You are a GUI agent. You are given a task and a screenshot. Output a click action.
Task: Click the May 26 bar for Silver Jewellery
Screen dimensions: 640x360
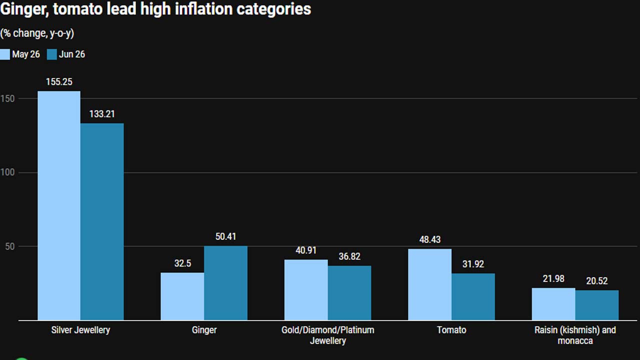[x=59, y=205]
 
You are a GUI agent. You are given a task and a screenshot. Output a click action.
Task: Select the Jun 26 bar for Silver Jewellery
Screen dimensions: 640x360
[x=102, y=221]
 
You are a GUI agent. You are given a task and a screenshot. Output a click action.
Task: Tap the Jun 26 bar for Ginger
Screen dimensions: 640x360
[x=225, y=283]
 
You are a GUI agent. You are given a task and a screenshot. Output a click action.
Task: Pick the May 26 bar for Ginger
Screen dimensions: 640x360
[x=182, y=296]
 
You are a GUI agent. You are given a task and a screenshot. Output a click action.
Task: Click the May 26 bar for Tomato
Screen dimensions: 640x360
[x=429, y=284]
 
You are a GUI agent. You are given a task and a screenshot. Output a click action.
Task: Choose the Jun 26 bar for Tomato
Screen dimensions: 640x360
[x=473, y=297]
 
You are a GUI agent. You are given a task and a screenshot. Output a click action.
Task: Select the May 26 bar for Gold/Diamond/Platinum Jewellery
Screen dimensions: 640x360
[x=306, y=290]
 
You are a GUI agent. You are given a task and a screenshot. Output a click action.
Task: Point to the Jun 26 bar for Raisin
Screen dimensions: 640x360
[x=597, y=305]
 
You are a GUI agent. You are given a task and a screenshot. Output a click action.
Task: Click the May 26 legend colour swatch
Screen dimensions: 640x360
[x=5, y=54]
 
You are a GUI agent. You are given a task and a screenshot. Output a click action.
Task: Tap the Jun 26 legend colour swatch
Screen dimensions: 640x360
[x=51, y=54]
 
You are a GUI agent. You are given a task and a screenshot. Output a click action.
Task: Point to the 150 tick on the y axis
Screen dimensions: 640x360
[x=7, y=99]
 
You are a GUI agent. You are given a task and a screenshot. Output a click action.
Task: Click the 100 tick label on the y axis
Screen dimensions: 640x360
[x=7, y=172]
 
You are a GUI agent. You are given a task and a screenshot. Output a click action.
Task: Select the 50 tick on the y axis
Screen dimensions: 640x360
[x=9, y=246]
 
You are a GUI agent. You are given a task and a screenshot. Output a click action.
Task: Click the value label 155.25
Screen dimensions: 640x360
[x=59, y=82]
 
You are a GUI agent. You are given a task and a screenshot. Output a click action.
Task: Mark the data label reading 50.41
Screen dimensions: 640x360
[x=225, y=236]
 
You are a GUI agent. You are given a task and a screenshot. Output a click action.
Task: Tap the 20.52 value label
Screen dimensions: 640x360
[x=597, y=281]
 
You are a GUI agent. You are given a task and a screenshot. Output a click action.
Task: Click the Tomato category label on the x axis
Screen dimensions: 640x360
[x=451, y=330]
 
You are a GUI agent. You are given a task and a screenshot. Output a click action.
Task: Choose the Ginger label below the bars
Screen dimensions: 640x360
[x=204, y=330]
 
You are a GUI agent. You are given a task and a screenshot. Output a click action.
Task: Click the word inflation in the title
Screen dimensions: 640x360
[x=203, y=9]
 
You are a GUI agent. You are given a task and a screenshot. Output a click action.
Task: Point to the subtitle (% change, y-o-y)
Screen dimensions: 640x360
[x=37, y=33]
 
